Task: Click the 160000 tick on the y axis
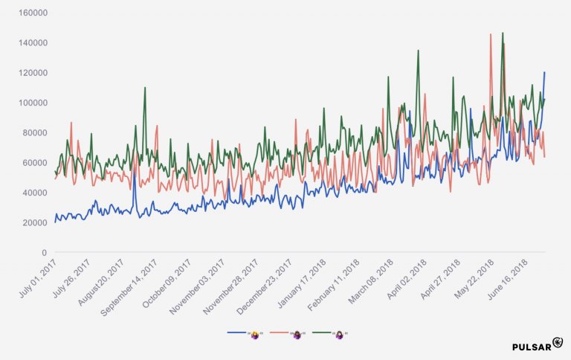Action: coord(33,13)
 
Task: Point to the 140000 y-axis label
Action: coord(33,43)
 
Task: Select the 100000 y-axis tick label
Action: coord(33,103)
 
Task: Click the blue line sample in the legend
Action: coord(237,335)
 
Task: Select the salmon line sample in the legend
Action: coord(279,335)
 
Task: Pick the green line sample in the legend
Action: coord(321,335)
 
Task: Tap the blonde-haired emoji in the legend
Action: coord(254,335)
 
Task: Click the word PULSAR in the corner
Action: coord(531,347)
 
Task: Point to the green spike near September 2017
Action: coord(145,89)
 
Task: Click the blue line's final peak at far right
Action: coord(544,73)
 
